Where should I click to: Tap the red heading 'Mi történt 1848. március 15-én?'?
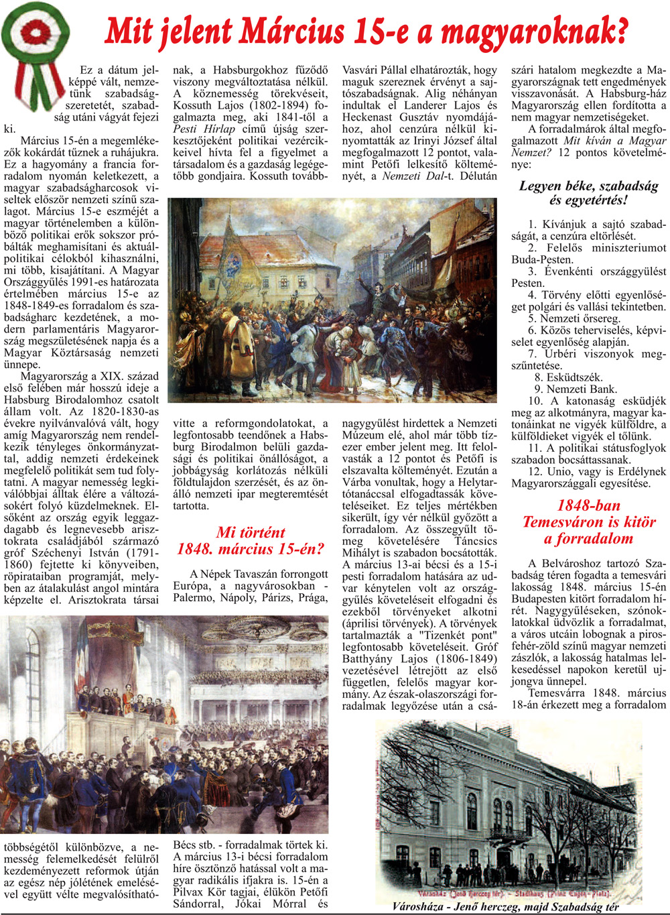[250, 541]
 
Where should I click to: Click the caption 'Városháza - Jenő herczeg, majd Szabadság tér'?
[505, 907]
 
